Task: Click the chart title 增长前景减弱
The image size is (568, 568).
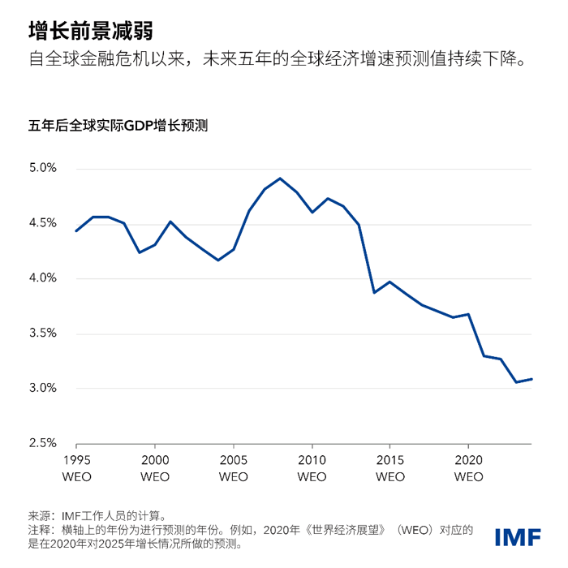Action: (89, 30)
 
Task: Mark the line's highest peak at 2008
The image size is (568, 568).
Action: (280, 179)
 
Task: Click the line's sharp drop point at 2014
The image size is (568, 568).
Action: (374, 292)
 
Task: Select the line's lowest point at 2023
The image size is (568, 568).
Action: (515, 382)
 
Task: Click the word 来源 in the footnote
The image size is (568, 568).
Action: (39, 514)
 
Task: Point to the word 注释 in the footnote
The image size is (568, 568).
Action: (39, 529)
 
